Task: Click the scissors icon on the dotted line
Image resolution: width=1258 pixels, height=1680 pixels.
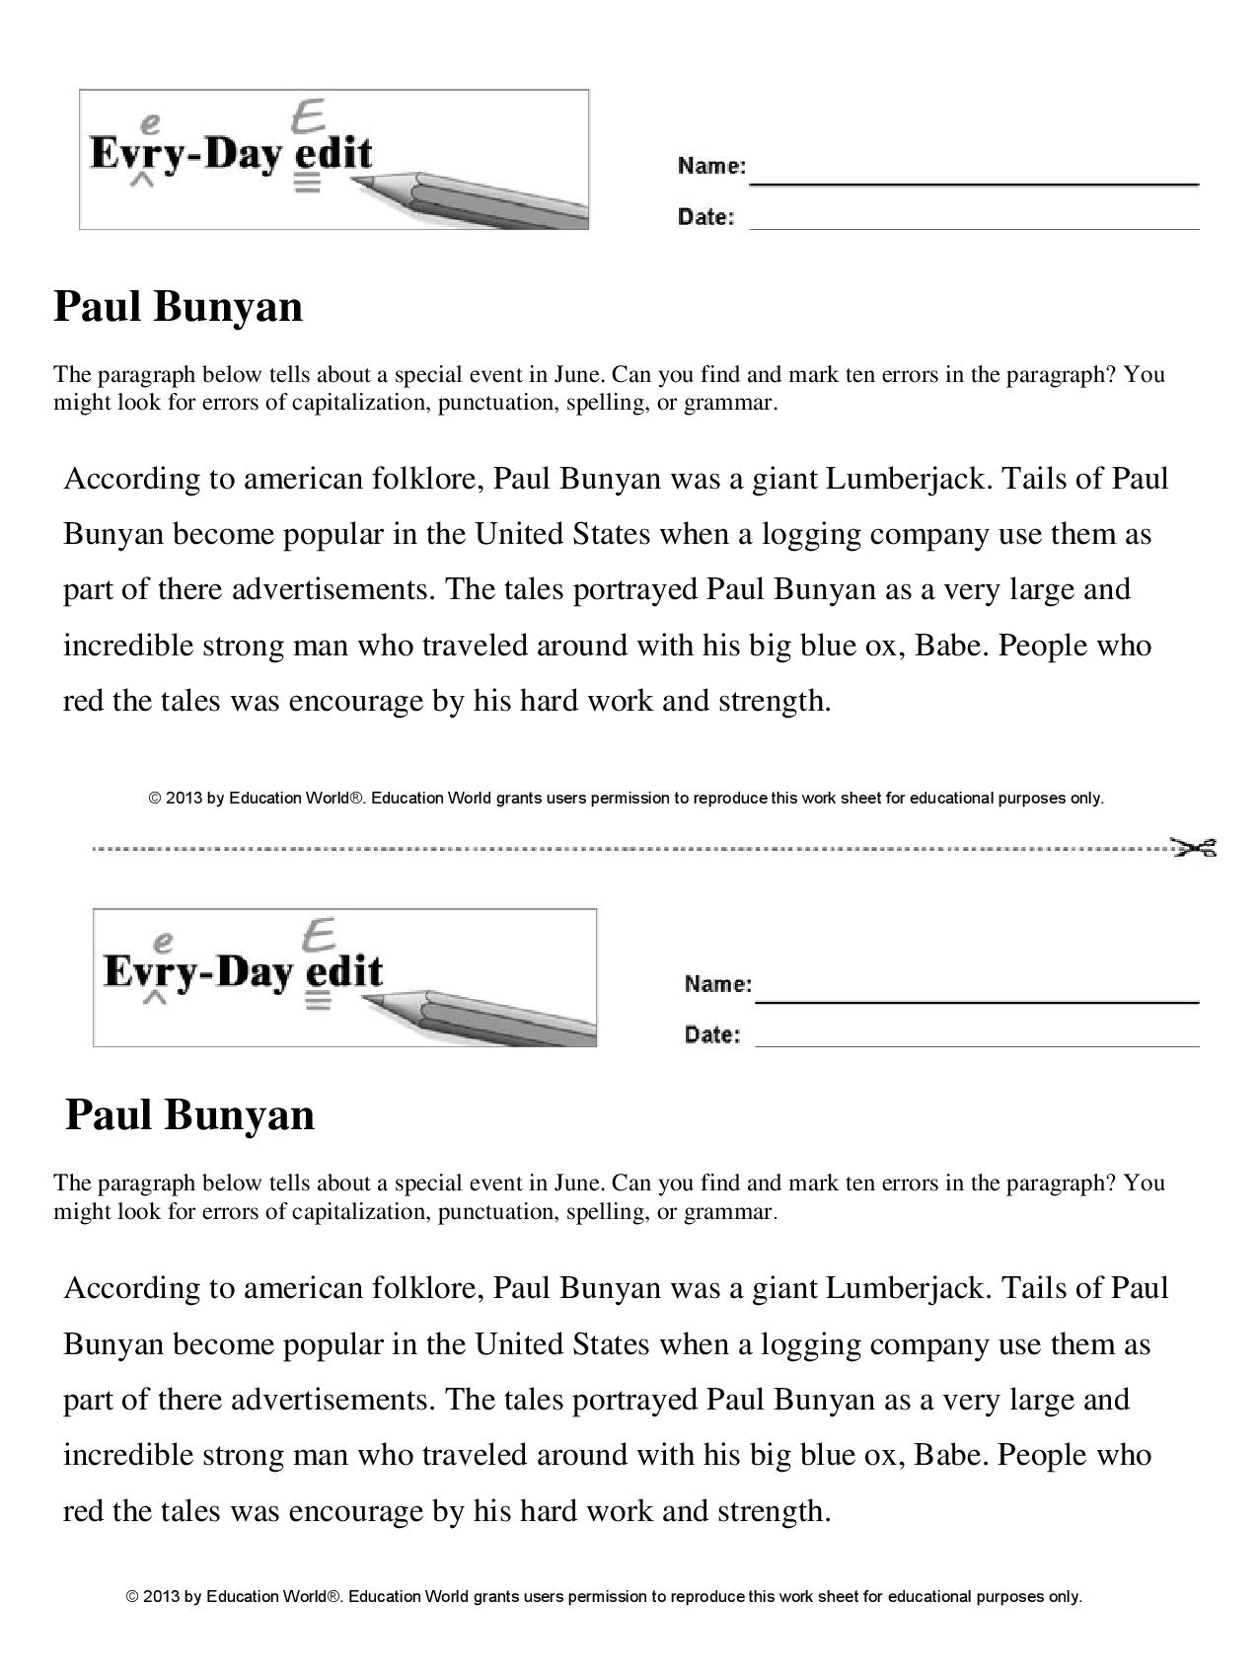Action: [1194, 847]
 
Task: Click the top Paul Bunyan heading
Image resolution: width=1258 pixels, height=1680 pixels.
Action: [178, 306]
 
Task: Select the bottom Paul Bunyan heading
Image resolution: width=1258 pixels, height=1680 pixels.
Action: [189, 1114]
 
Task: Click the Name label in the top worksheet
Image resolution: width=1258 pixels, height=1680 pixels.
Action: [711, 166]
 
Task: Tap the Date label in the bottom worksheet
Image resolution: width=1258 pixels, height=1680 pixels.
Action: [711, 1034]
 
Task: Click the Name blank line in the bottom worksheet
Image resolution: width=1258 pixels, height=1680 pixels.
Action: [977, 1001]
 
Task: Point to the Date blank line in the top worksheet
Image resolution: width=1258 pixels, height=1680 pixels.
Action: [974, 228]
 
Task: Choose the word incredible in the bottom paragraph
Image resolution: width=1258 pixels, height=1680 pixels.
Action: [128, 1455]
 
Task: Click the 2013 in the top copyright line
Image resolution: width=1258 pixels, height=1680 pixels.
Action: [185, 798]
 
